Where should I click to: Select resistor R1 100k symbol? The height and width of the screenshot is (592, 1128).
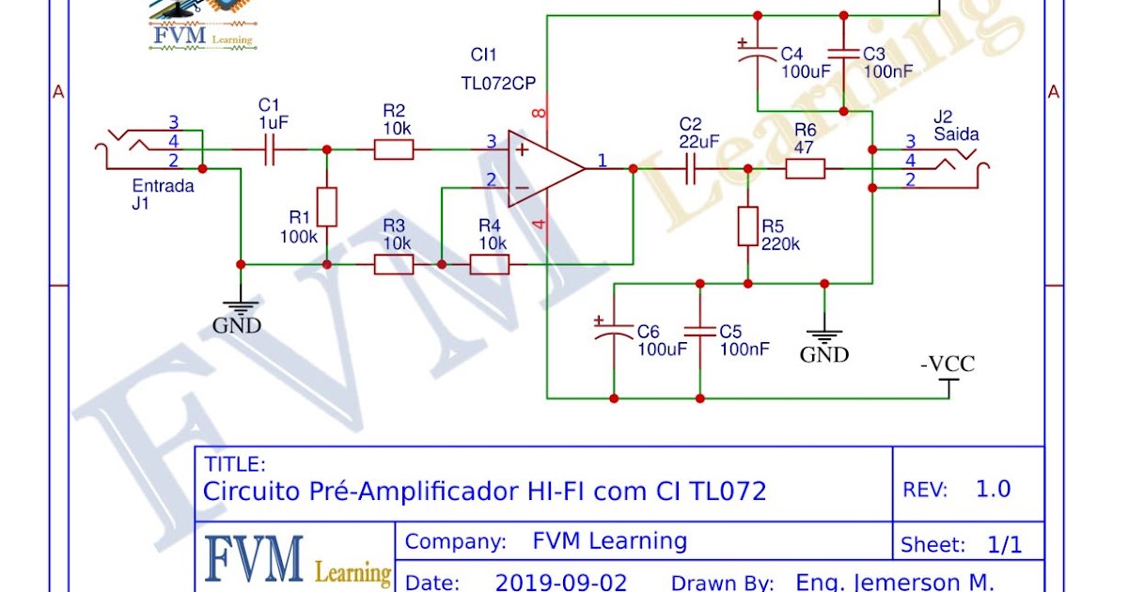pos(326,207)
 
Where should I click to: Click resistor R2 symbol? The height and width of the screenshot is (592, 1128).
pos(394,148)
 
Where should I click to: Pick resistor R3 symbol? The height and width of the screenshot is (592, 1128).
pos(394,264)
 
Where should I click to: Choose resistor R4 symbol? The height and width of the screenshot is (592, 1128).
pos(489,264)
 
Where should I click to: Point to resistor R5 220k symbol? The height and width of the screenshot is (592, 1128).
pos(747,226)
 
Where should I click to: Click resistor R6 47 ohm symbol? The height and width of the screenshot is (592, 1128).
pos(805,168)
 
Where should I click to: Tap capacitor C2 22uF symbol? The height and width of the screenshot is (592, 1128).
pos(690,168)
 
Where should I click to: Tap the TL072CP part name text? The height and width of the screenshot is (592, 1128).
pos(498,83)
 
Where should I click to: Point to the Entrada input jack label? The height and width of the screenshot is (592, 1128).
pos(163,185)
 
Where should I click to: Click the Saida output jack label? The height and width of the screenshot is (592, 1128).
pos(956,134)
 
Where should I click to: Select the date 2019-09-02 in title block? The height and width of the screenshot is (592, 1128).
pos(561,582)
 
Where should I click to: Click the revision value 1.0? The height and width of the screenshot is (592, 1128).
pos(993,489)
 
